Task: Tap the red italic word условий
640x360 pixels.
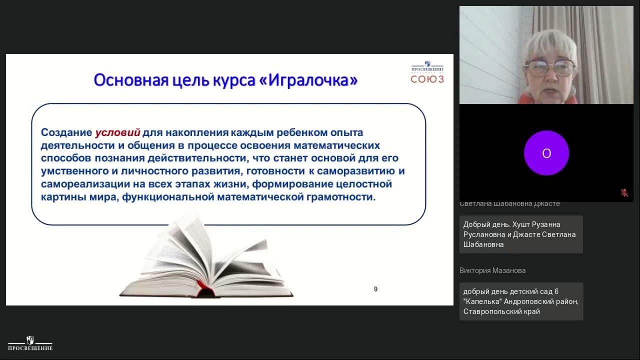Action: pos(117,132)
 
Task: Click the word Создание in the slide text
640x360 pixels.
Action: pos(66,132)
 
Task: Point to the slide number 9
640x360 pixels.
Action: pos(375,289)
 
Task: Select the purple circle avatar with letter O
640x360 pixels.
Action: pos(546,153)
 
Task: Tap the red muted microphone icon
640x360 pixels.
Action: pos(624,193)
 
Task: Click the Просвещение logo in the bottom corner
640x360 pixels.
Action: pos(30,343)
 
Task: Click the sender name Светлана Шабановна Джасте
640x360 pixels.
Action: pos(509,204)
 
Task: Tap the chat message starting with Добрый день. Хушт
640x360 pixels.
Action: pos(520,234)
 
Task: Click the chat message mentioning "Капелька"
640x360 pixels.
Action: pos(520,301)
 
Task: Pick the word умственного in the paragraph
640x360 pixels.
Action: pos(74,171)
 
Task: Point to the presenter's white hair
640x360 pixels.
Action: pos(550,42)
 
